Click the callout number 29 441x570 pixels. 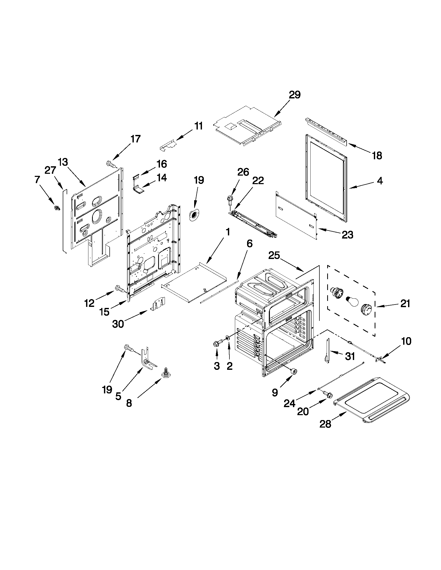(295, 95)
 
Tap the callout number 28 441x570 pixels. (325, 424)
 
